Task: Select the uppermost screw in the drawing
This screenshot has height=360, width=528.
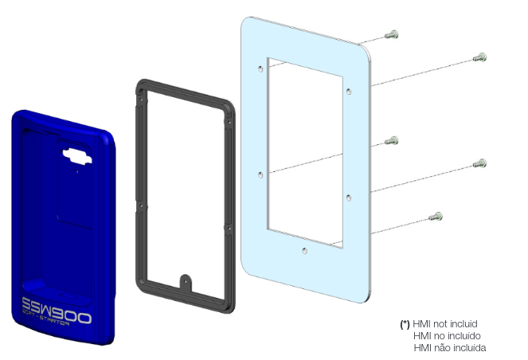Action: pyautogui.click(x=392, y=33)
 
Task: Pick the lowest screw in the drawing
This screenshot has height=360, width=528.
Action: pyautogui.click(x=436, y=216)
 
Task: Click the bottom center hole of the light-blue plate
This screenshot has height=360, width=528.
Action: pyautogui.click(x=304, y=251)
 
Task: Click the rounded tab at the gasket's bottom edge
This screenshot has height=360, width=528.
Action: pyautogui.click(x=186, y=281)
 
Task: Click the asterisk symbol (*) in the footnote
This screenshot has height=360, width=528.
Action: pyautogui.click(x=405, y=325)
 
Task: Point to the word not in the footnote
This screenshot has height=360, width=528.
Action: pyautogui.click(x=437, y=325)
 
